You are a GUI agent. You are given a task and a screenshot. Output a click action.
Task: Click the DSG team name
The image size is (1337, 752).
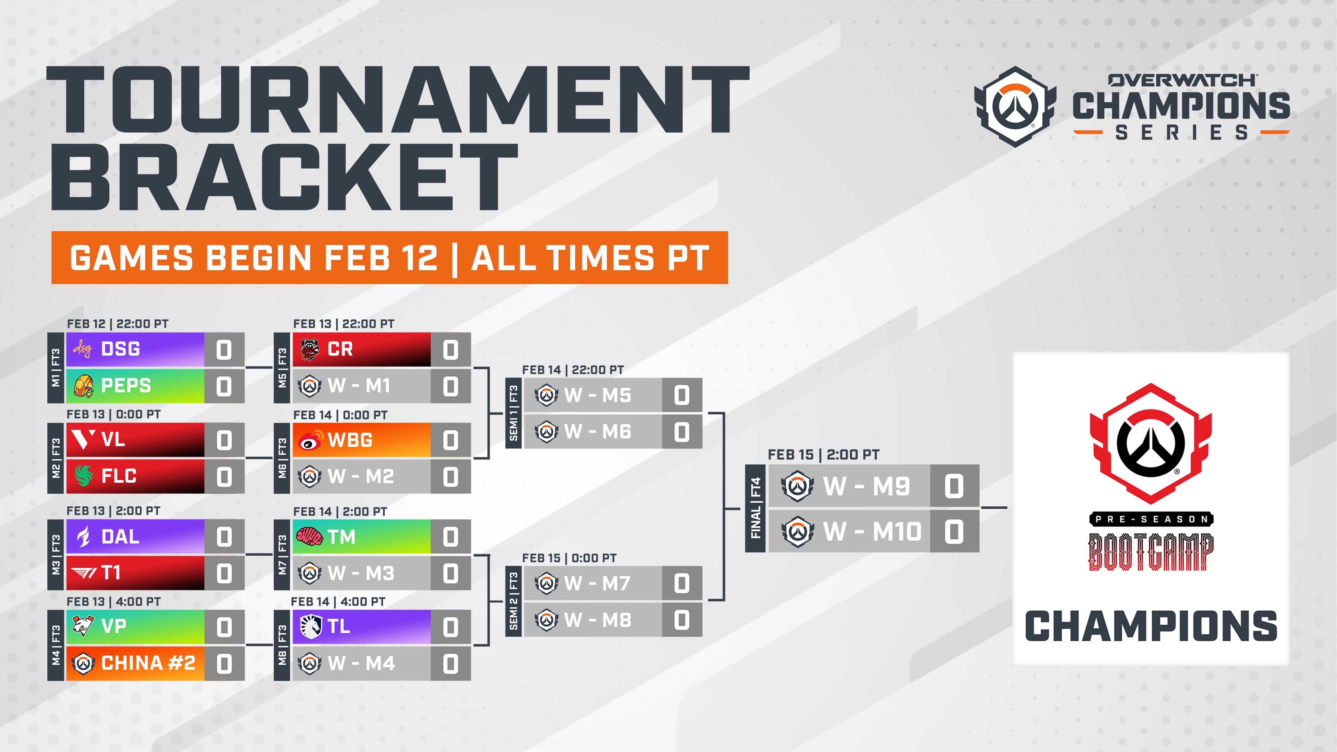[x=120, y=349]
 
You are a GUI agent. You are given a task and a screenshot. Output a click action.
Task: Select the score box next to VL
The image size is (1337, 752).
[x=224, y=440]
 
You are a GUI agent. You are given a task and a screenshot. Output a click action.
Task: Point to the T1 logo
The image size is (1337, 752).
[x=84, y=573]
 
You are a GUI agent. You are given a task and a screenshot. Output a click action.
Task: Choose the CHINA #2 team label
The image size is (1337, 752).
[x=148, y=663]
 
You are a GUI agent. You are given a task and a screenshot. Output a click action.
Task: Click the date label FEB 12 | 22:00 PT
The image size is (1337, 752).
[x=118, y=324]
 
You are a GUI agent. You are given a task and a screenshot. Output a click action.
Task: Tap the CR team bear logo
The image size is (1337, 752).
[x=310, y=349]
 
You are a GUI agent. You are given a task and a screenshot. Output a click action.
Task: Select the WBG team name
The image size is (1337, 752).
[x=350, y=440]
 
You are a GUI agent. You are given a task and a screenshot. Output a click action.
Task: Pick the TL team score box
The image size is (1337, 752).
[x=451, y=627]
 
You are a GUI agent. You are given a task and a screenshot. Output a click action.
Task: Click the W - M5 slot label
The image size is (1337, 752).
[x=598, y=395]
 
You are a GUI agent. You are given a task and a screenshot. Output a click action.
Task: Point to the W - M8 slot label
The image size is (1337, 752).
[x=598, y=620]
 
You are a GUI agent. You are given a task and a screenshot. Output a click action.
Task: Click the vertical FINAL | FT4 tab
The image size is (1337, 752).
[x=755, y=508]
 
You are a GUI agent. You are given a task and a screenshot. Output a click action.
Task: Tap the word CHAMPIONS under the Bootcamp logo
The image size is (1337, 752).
[x=1151, y=626]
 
